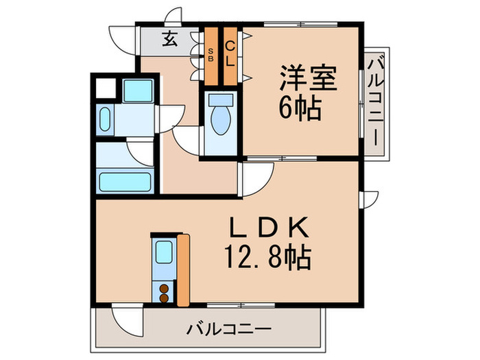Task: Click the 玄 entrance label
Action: point(169,38)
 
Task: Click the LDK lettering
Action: point(267,227)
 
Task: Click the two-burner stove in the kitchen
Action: point(165,293)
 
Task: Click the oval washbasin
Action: point(104,121)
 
